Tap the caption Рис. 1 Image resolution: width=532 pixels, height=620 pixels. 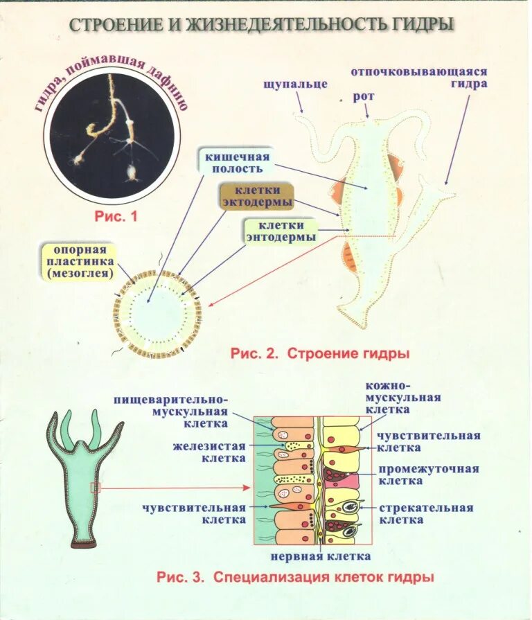click(x=116, y=216)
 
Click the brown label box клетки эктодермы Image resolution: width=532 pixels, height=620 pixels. click(x=256, y=196)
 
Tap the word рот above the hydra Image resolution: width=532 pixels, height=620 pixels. click(x=364, y=97)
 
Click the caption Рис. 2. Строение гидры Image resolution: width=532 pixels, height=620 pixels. click(x=319, y=353)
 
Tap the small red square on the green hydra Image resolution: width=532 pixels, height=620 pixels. click(x=96, y=488)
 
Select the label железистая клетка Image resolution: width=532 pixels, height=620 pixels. click(x=209, y=452)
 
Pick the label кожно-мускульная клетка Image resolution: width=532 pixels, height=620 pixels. click(x=403, y=398)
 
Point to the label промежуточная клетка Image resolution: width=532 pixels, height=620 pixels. click(x=428, y=475)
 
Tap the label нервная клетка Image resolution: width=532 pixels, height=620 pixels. click(x=320, y=556)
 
